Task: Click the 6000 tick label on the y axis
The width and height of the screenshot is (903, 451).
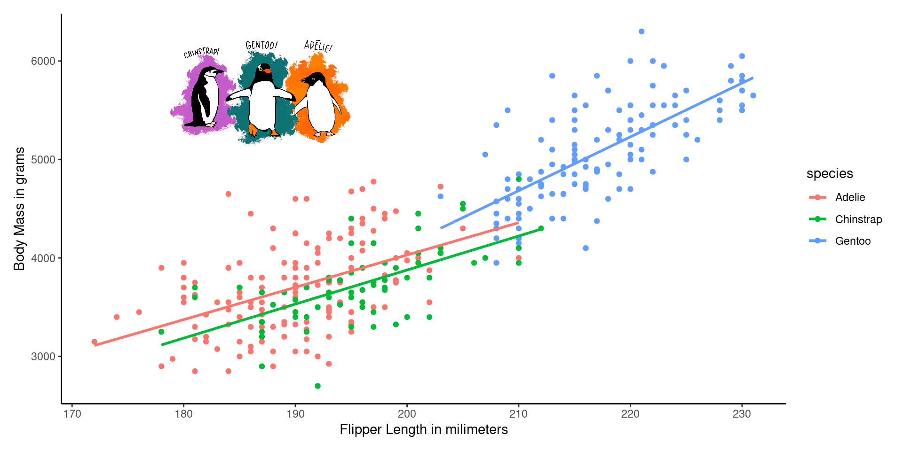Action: [43, 61]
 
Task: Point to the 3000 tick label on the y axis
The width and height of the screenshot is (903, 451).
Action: [43, 357]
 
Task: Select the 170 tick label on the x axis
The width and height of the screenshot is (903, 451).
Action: [72, 414]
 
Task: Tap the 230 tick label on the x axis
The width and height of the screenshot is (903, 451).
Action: [742, 414]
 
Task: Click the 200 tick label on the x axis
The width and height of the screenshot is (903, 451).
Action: [407, 414]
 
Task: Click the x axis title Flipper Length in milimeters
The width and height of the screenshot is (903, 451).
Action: [423, 429]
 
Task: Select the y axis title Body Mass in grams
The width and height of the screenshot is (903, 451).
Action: [19, 209]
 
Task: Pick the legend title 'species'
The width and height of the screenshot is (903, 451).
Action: [829, 173]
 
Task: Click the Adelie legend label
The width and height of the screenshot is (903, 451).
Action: [850, 197]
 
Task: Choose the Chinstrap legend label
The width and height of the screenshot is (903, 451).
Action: [858, 219]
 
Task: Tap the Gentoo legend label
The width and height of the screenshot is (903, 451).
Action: [853, 241]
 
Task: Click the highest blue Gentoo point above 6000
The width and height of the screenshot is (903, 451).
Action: [642, 31]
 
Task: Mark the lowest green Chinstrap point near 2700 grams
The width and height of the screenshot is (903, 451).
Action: [317, 386]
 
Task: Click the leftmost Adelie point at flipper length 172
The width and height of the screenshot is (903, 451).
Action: [95, 342]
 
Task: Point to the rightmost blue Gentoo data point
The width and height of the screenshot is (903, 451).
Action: [753, 95]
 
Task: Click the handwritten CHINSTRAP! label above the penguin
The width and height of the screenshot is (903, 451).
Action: [201, 53]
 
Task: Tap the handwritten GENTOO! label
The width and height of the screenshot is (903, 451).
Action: [261, 45]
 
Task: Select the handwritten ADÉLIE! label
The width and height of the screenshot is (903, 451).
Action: [318, 46]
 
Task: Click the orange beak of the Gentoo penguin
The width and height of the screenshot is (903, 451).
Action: [268, 71]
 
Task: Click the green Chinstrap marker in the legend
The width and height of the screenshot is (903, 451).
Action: [817, 219]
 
